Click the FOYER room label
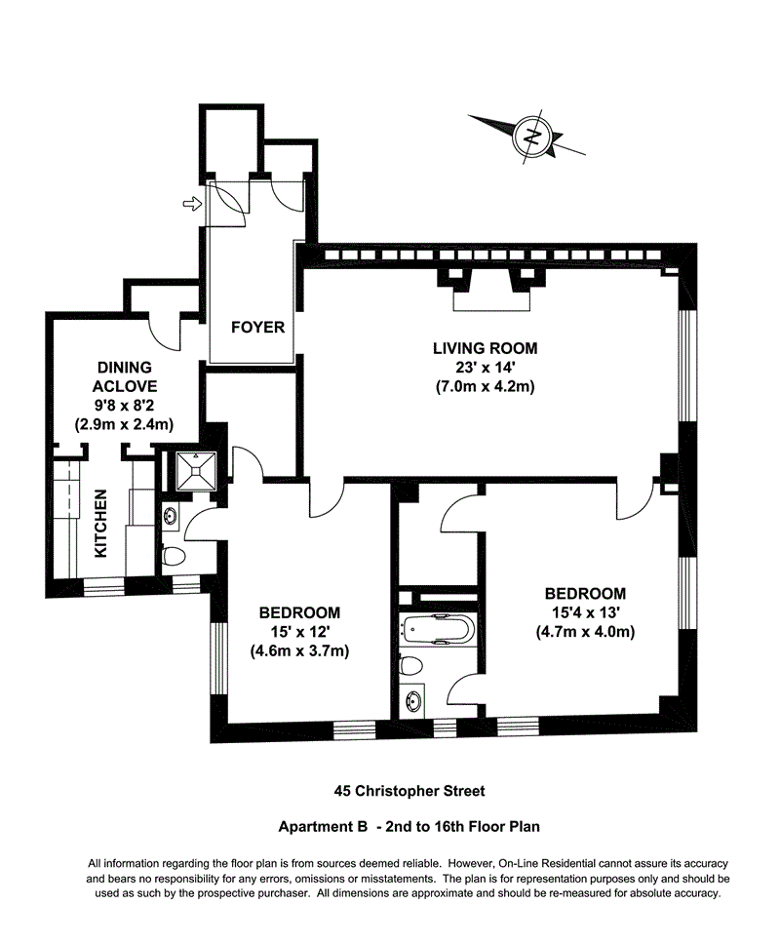click(x=257, y=328)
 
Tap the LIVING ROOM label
click(x=485, y=348)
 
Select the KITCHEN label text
click(x=101, y=523)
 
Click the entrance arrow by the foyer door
click(x=193, y=204)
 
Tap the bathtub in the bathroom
click(x=438, y=630)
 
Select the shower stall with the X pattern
click(x=198, y=472)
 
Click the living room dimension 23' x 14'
click(x=485, y=368)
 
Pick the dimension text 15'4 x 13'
click(x=584, y=612)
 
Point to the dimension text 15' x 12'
click(x=298, y=632)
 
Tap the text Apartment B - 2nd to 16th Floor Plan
click(x=409, y=826)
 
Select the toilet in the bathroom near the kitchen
click(x=174, y=557)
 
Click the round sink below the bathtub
click(x=418, y=700)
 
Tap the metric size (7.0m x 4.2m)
click(x=485, y=387)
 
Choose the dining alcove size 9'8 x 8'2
click(x=124, y=405)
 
